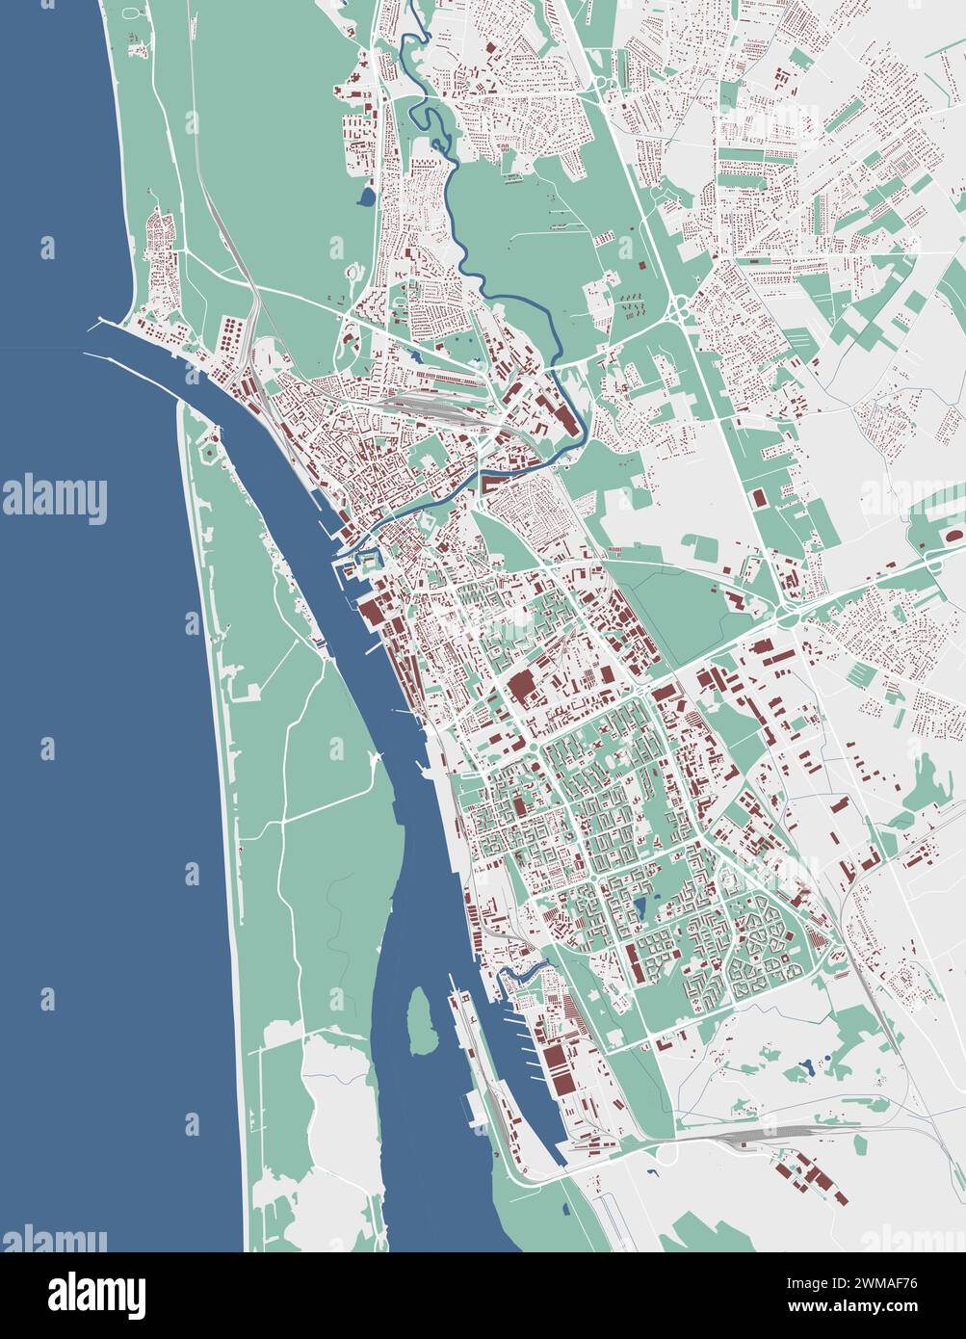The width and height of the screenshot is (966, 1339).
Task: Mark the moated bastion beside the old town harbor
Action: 367,562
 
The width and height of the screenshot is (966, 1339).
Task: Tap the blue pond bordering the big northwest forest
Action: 366,198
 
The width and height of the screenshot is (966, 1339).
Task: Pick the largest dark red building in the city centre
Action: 521,688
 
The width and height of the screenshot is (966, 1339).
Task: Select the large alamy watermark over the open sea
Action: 54,498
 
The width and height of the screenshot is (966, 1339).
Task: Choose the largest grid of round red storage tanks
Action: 231,337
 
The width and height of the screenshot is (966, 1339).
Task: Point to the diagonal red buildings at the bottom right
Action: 814,1181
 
